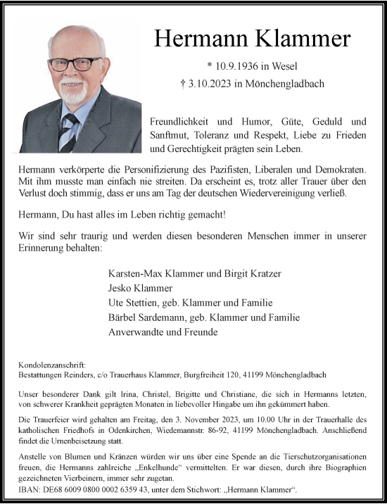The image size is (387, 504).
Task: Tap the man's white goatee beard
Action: click(x=73, y=94)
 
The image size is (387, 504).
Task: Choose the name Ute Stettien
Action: click(x=132, y=303)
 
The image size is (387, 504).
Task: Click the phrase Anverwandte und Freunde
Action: click(x=163, y=332)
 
